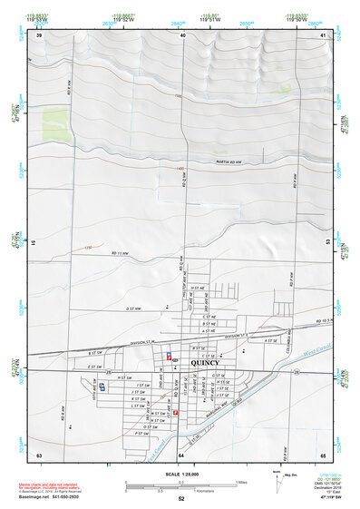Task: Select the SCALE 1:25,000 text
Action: tap(181, 473)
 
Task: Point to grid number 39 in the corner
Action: tap(38, 36)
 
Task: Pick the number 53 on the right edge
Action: tap(326, 243)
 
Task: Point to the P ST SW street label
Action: tap(141, 434)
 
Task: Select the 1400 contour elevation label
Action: tap(180, 170)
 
